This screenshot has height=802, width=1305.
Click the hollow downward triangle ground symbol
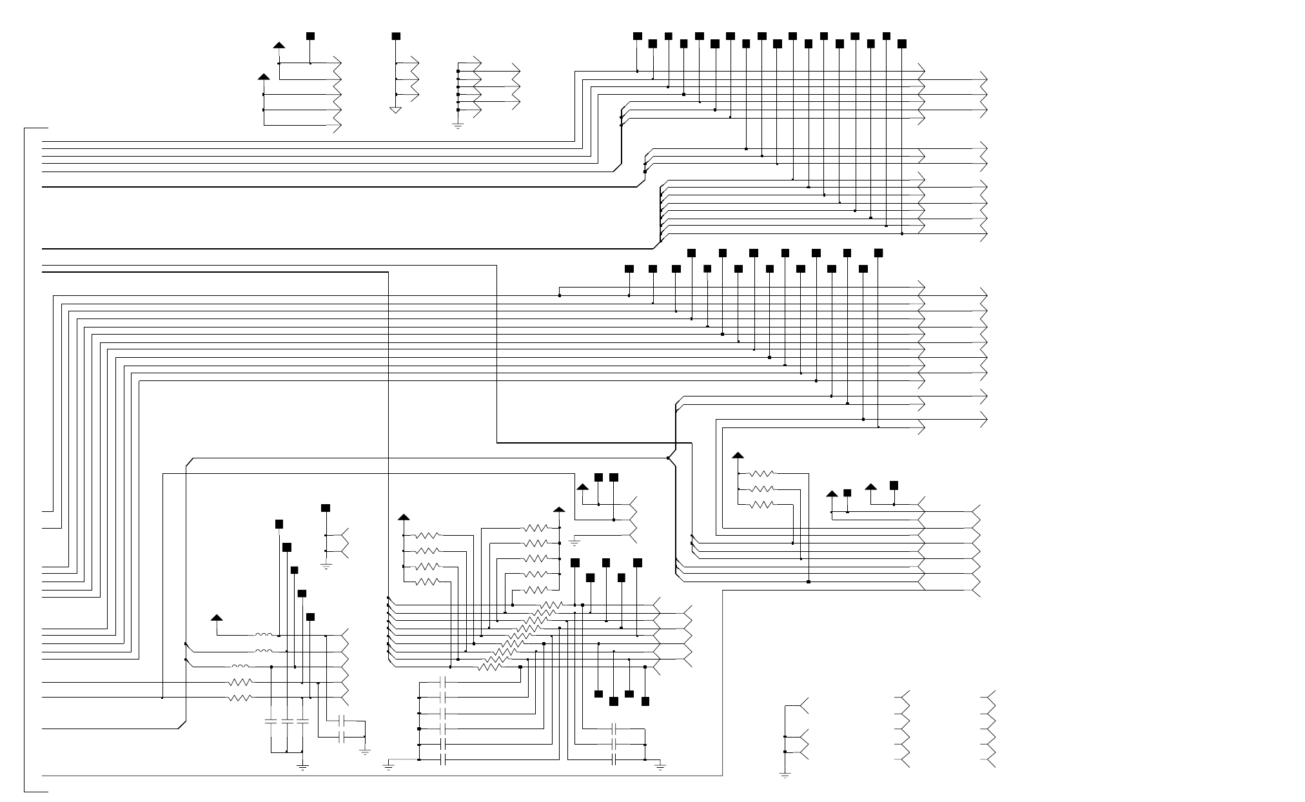tap(396, 110)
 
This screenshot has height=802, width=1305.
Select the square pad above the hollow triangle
tap(396, 35)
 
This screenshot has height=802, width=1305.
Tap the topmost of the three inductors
tap(263, 635)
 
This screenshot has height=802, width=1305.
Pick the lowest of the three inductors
tap(240, 667)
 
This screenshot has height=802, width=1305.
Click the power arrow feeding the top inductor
tap(217, 618)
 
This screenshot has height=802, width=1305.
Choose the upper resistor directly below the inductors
tap(240, 682)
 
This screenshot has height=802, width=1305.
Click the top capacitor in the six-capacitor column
tap(444, 682)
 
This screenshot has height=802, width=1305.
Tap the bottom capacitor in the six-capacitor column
tap(444, 760)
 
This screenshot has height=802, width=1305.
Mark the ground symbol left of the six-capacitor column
tap(388, 766)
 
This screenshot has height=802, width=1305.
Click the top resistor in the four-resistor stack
tap(427, 535)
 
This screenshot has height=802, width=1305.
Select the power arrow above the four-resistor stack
tap(404, 517)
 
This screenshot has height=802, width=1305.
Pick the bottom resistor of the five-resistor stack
tap(536, 590)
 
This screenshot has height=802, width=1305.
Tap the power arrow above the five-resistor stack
tap(559, 511)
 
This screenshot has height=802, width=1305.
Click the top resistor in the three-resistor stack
tap(762, 474)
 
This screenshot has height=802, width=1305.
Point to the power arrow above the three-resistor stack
tap(738, 456)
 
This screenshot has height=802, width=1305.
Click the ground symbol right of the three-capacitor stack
tap(660, 766)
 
